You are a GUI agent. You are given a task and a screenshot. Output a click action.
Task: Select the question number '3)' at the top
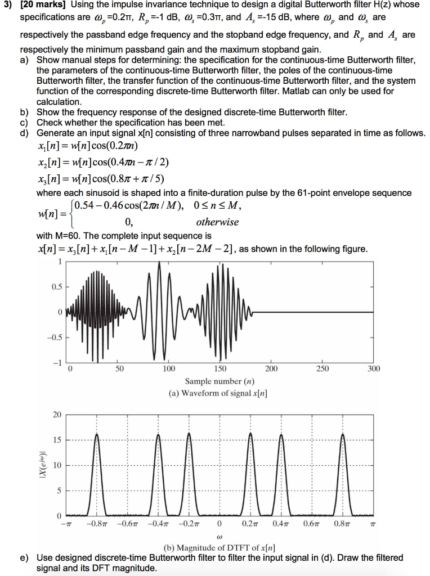(8, 5)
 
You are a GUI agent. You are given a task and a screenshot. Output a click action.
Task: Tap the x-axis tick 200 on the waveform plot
(271, 369)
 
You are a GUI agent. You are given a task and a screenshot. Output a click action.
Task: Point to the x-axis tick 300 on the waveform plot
(374, 369)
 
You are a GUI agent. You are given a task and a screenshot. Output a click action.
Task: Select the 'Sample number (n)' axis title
(219, 381)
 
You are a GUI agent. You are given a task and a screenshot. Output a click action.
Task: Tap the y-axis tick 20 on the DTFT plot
(57, 415)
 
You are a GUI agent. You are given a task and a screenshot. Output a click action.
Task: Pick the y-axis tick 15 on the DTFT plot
(57, 440)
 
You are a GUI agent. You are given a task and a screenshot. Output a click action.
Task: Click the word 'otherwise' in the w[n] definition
(217, 222)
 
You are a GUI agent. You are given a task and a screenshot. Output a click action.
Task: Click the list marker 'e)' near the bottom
(24, 558)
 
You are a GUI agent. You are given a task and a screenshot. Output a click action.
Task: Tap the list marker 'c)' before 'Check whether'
(24, 122)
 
